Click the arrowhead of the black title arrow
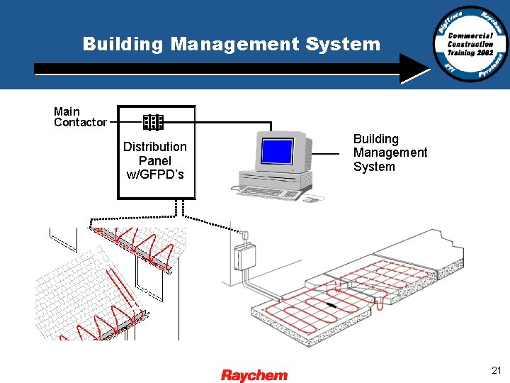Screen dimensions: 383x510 click(418, 69)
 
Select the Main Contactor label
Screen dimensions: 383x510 click(79, 117)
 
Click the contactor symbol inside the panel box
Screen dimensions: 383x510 click(153, 123)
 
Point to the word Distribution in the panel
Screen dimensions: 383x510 click(155, 147)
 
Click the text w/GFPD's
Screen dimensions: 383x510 click(155, 174)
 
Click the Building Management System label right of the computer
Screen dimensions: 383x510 click(390, 153)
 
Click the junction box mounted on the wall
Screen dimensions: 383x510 click(245, 256)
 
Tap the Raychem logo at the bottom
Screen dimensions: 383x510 click(254, 374)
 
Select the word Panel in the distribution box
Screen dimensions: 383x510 click(155, 161)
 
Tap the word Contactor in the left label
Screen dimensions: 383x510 click(80, 123)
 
